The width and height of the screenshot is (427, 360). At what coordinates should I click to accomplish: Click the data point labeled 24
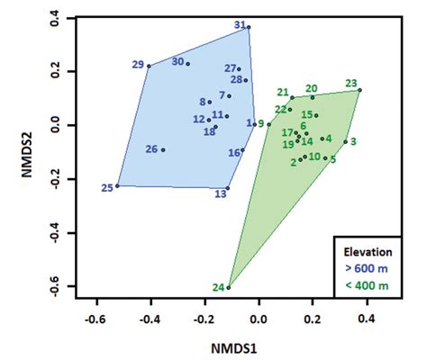229,287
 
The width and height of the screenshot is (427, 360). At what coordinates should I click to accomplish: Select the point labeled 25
117,186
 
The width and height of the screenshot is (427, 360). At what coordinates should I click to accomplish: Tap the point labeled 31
249,27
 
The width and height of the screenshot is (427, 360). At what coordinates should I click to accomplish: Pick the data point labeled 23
359,90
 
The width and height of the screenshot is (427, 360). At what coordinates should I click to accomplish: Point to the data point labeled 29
150,66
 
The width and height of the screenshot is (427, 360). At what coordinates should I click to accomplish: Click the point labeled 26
163,149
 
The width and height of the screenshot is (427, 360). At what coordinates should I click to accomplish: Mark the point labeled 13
228,189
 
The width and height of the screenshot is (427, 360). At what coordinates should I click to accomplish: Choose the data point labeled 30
188,64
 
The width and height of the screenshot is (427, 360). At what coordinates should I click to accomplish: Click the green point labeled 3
345,141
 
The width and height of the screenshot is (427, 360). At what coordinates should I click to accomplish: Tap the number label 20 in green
311,88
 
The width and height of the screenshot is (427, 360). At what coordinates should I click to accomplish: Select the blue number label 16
233,153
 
